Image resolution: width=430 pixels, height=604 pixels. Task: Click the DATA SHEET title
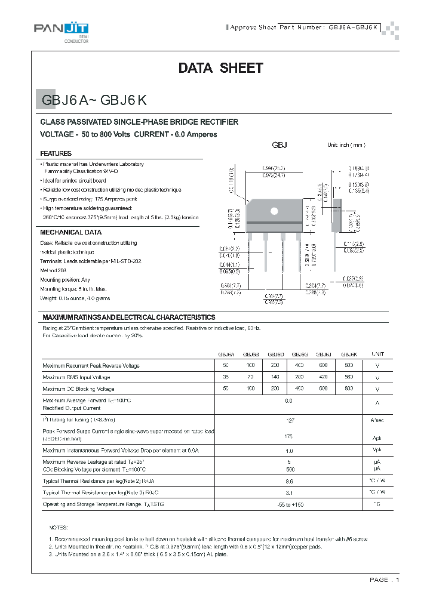220,68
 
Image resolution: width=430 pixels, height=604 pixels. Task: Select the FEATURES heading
56,153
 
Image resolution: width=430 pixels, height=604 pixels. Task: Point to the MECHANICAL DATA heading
70,232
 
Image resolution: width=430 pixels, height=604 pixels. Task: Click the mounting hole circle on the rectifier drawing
275,211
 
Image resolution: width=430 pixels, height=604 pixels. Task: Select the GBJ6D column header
276,353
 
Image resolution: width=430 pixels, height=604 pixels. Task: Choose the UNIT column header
377,353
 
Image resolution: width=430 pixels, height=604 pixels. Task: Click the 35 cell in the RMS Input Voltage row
226,377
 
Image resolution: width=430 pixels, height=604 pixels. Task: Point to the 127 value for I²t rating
290,420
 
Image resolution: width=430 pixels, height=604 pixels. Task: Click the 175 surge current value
289,436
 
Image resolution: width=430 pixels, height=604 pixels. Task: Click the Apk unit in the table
377,437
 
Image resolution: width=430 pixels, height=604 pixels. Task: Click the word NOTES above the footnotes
59,528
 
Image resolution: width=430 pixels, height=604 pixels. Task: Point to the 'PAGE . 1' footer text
384,580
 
